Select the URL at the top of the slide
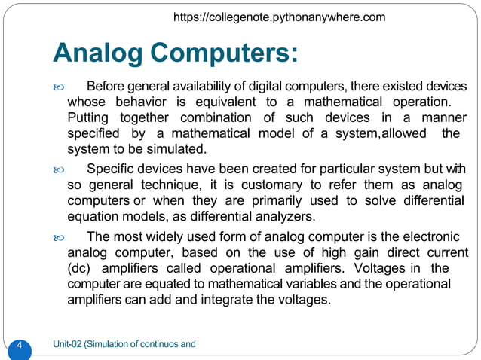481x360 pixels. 279,17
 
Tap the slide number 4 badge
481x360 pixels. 20,346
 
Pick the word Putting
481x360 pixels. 87,117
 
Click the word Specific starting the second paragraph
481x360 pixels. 112,169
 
